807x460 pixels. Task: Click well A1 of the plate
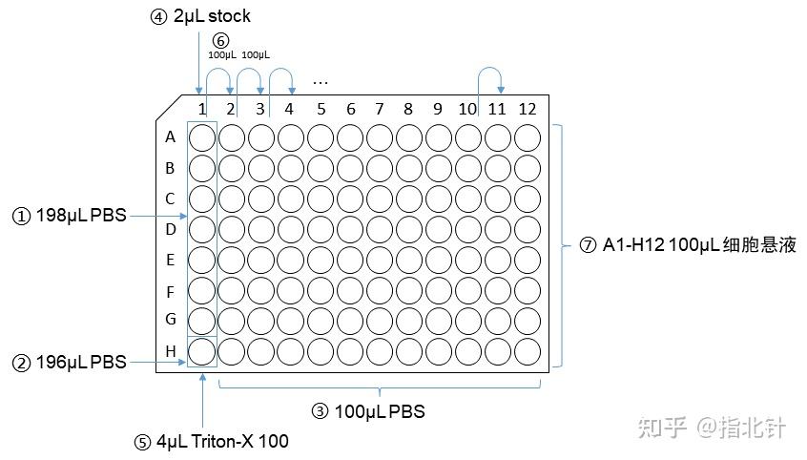(202, 138)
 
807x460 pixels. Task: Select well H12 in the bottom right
(528, 352)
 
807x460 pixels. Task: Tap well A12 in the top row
(528, 138)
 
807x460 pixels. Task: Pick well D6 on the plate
(350, 230)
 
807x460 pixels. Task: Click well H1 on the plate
(202, 352)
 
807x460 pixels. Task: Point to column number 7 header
(379, 109)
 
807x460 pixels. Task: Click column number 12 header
(528, 109)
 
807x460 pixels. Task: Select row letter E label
(171, 260)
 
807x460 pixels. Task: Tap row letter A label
(171, 137)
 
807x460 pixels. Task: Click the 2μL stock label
(212, 17)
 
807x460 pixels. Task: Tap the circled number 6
(221, 41)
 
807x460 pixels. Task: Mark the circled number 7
(589, 245)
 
